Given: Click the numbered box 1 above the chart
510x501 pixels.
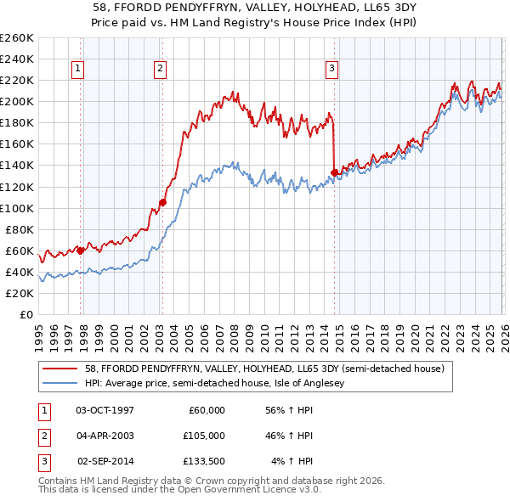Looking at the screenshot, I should [x=77, y=69].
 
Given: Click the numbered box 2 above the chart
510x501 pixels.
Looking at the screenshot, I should [x=160, y=69].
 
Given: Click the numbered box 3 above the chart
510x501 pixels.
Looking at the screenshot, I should [x=331, y=69].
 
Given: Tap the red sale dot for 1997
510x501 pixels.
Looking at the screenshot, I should [x=81, y=250].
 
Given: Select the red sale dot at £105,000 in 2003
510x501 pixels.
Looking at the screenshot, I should [x=162, y=202].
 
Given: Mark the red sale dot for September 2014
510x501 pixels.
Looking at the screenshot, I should [x=334, y=172].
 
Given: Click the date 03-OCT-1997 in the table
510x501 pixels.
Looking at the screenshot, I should [x=105, y=410].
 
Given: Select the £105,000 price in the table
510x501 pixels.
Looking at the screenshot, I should [x=204, y=436].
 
